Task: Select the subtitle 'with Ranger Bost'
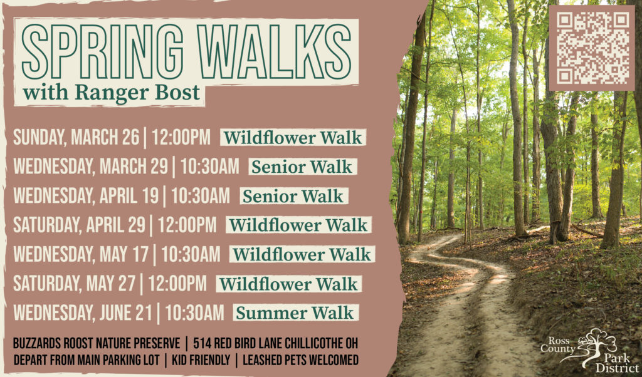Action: click(112, 93)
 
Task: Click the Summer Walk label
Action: click(294, 312)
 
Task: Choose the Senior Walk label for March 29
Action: click(303, 167)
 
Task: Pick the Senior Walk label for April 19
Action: click(293, 196)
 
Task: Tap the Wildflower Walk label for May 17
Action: click(302, 254)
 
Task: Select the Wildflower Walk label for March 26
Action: click(293, 138)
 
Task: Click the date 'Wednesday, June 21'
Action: click(83, 312)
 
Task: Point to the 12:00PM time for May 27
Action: click(177, 284)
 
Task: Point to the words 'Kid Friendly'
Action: click(201, 360)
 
